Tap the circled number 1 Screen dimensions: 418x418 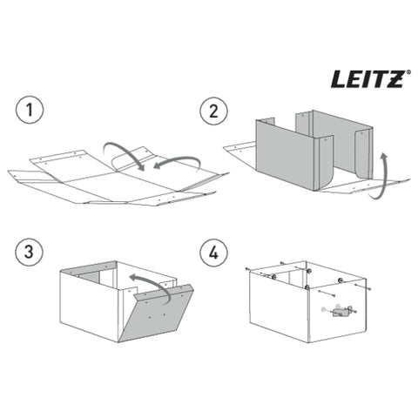click(x=30, y=111)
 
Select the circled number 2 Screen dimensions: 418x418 click(x=213, y=111)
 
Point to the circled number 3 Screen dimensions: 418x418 click(x=30, y=250)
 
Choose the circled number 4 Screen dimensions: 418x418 click(x=213, y=250)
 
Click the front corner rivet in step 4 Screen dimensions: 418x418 click(x=307, y=287)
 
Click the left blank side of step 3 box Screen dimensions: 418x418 click(x=87, y=305)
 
